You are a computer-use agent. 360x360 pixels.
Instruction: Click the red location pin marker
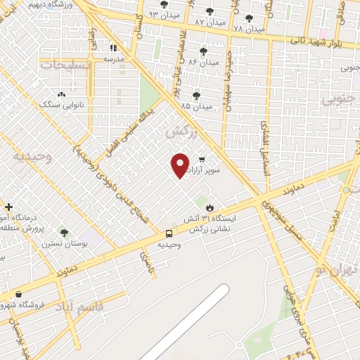[x=180, y=165]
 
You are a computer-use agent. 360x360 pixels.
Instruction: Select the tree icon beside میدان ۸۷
[x=210, y=12]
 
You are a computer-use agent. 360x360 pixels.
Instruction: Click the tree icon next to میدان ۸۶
[x=204, y=51]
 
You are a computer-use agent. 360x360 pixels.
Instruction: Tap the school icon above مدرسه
[x=114, y=49]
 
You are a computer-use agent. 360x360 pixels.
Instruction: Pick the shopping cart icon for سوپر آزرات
[x=202, y=159]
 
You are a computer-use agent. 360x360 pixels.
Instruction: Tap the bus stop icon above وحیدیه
[x=169, y=233]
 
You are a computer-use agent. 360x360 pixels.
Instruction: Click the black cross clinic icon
[x=8, y=207]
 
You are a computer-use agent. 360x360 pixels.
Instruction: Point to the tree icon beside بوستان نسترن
[x=64, y=232]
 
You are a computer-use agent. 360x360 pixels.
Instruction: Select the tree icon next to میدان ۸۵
[x=196, y=96]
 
